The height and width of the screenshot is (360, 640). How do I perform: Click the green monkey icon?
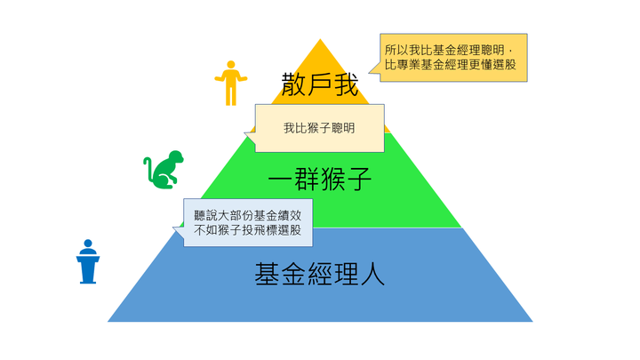point(164,170)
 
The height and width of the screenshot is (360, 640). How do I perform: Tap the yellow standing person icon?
point(231,84)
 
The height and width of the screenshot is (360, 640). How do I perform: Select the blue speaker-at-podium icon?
point(88,261)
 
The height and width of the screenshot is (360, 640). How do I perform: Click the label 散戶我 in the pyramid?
point(320,84)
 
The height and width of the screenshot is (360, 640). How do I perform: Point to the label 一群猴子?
point(320,179)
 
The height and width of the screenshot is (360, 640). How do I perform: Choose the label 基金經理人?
point(320,274)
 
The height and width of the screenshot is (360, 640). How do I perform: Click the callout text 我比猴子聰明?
point(319,128)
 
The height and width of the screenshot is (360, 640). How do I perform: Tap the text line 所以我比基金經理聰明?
point(444,50)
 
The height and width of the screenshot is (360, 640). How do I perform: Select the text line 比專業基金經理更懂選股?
point(451,65)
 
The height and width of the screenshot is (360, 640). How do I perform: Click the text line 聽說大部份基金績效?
point(248,215)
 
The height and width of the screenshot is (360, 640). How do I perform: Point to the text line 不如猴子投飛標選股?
point(248,230)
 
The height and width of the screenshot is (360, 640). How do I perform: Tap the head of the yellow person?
point(231,65)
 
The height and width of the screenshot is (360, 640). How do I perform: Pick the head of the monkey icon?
point(177,157)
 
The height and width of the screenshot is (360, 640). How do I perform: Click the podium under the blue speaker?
point(88,269)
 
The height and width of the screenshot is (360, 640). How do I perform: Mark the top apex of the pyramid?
point(320,39)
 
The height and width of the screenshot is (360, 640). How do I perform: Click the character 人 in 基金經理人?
point(372,274)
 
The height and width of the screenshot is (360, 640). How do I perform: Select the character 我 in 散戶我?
point(346,84)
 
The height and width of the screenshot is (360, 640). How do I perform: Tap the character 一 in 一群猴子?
point(281,179)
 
